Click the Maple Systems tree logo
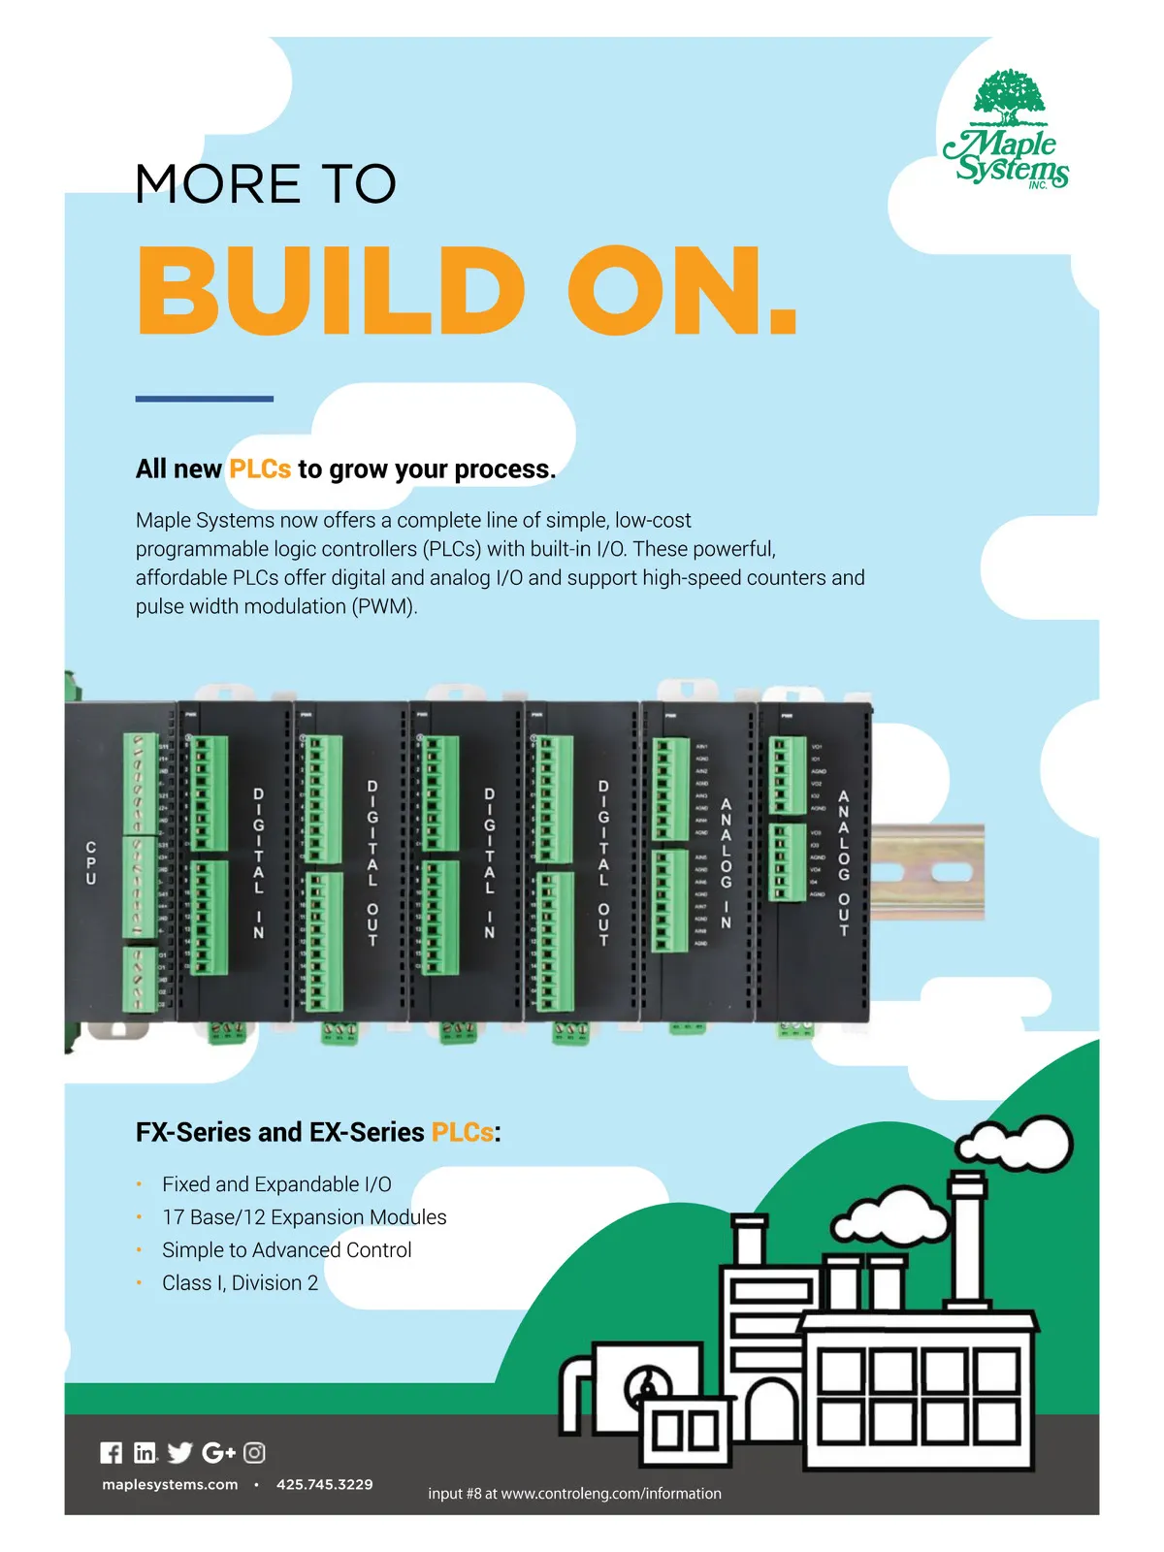[x=1008, y=129]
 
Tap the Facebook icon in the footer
[x=112, y=1452]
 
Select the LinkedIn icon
[x=145, y=1452]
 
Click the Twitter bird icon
[x=179, y=1452]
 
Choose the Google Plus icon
[x=218, y=1452]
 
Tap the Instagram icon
[x=254, y=1452]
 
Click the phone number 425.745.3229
[x=324, y=1484]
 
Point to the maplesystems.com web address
[x=170, y=1484]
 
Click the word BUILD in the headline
[x=331, y=291]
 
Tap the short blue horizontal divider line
[x=204, y=399]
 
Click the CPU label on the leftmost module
[x=91, y=862]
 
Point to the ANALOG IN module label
[x=726, y=862]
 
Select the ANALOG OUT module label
[x=844, y=862]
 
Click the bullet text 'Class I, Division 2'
[x=240, y=1282]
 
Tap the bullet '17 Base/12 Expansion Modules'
[x=304, y=1217]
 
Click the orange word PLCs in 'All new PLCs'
[x=260, y=469]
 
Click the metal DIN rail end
[x=928, y=870]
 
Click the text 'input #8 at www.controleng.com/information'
[x=574, y=1494]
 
